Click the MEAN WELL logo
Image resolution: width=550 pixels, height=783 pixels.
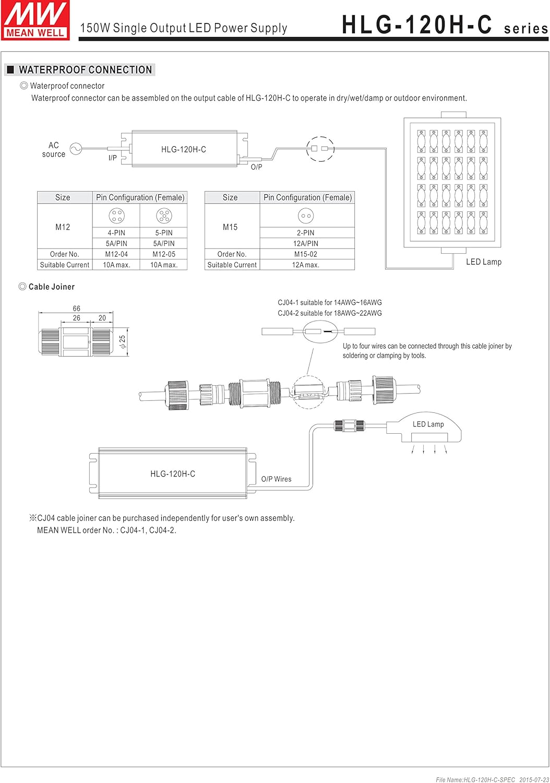(x=35, y=20)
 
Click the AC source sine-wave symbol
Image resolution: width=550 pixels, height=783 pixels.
(x=76, y=149)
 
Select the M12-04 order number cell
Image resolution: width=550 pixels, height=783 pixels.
(x=116, y=254)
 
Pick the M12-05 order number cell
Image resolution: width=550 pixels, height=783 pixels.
(x=164, y=254)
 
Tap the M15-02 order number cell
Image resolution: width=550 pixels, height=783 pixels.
(x=306, y=254)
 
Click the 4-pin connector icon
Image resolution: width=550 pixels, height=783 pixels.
(x=116, y=216)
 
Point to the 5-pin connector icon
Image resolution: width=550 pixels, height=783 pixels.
(x=164, y=216)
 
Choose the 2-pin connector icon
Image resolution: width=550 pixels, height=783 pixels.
(x=306, y=216)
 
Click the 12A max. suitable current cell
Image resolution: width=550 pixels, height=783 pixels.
(x=306, y=265)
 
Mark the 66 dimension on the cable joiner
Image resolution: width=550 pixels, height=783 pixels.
(x=77, y=309)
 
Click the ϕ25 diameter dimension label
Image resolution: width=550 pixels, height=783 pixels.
(x=122, y=342)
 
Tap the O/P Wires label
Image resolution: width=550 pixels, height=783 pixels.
(x=276, y=479)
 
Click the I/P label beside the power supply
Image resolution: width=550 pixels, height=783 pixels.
(x=113, y=158)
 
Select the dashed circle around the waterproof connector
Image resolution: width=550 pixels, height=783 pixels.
(x=320, y=149)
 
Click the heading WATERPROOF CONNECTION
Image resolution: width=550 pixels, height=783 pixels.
(x=85, y=70)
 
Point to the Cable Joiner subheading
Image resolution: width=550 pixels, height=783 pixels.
(x=51, y=287)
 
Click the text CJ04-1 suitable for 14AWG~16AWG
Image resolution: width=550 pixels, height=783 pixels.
(x=329, y=303)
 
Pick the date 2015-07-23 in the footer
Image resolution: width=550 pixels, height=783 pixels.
(x=534, y=779)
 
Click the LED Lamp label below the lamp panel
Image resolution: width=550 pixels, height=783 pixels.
(x=483, y=262)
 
